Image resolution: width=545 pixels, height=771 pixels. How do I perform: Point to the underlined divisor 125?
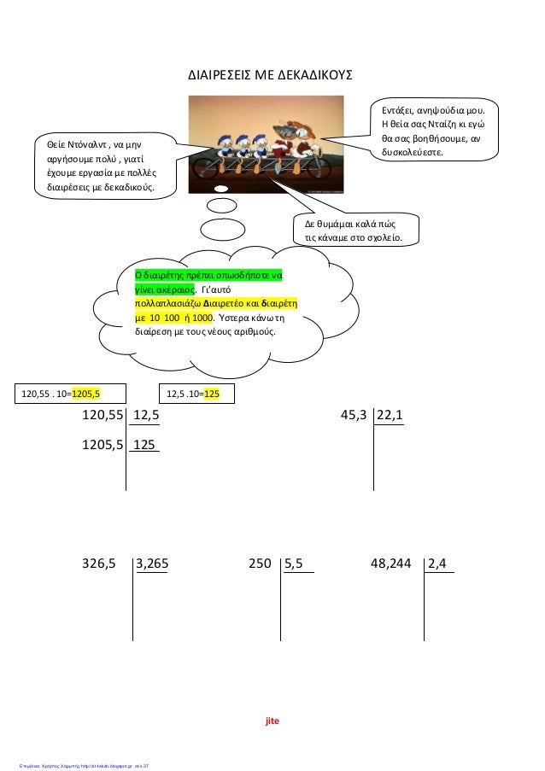click(x=144, y=445)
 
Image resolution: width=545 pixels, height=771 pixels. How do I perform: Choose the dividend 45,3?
click(x=354, y=416)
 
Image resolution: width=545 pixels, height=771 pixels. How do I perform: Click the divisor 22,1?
click(x=390, y=416)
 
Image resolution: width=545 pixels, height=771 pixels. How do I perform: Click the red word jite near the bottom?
click(x=272, y=721)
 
